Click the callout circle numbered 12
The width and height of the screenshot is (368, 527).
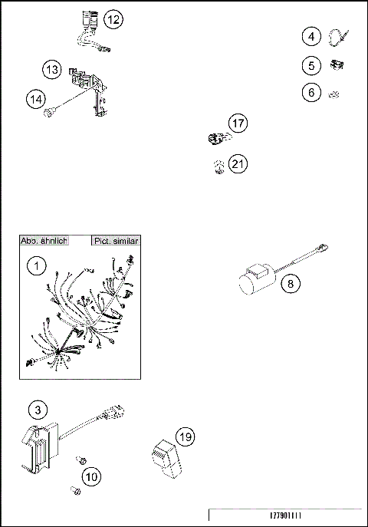[113, 20]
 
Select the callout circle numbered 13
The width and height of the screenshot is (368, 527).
[52, 70]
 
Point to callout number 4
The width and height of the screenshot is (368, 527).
[311, 36]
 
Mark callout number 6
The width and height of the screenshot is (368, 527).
[311, 93]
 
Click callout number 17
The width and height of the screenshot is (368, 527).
[238, 122]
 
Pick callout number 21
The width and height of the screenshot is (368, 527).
[238, 164]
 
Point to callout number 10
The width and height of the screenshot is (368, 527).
[91, 476]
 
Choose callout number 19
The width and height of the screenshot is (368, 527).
[184, 437]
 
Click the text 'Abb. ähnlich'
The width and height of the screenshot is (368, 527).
[44, 241]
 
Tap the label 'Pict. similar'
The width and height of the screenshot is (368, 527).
[116, 241]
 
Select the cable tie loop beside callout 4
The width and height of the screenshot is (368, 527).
[339, 36]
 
